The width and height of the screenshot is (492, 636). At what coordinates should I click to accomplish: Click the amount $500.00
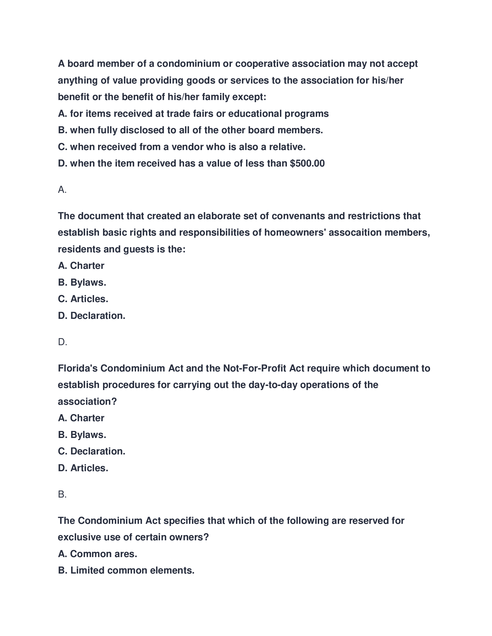[307, 163]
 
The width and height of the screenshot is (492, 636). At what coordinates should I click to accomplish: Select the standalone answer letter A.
[62, 190]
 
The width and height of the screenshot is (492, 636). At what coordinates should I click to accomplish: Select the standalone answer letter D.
[63, 342]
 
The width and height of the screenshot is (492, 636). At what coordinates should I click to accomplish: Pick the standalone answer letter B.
[62, 494]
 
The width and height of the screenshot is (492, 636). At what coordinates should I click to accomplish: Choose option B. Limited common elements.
[126, 570]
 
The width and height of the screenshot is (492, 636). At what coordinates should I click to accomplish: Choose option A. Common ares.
[97, 554]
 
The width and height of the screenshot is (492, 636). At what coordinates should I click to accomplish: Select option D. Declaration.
[91, 316]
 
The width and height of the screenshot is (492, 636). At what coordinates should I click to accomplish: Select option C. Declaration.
[91, 451]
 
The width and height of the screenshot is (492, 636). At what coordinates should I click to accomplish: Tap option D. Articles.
[83, 468]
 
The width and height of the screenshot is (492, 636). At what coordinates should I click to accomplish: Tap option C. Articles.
[83, 299]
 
